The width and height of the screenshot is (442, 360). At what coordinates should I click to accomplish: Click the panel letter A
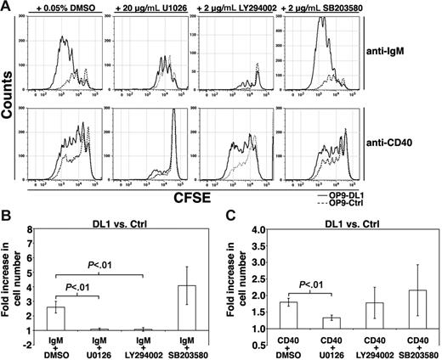click(8, 8)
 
